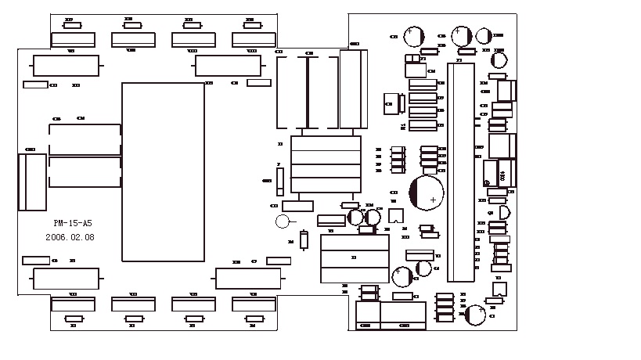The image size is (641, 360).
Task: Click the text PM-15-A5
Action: coord(63,223)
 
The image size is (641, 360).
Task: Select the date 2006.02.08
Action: coord(70,236)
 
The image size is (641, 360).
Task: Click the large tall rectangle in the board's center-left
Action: coord(163,171)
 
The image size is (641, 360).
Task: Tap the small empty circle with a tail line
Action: coord(283,221)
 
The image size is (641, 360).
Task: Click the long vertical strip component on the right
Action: coord(460,171)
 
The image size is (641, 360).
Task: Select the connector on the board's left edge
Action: coord(32,182)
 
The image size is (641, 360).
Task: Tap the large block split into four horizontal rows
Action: coord(326,164)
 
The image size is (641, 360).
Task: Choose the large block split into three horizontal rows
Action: coord(355,259)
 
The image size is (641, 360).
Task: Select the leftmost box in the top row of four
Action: coord(74,41)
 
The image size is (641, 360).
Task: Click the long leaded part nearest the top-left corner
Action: coord(66,65)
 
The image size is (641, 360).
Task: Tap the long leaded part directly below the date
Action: coord(67,277)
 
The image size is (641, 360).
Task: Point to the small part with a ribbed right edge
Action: coord(391,103)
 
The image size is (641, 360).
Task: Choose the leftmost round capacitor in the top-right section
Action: coord(413,36)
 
